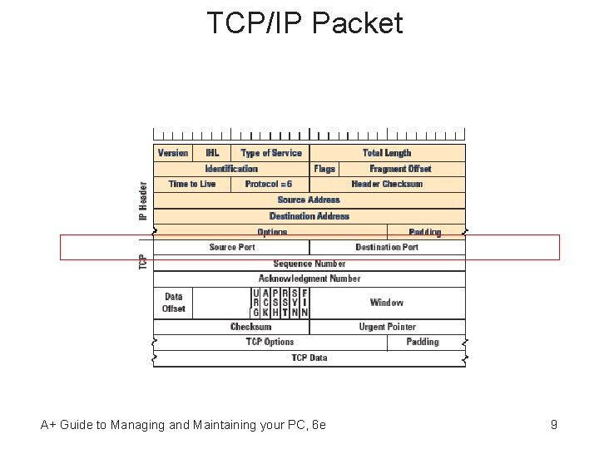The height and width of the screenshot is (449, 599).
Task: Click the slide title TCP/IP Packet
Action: tap(304, 23)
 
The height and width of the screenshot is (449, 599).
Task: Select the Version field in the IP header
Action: tap(173, 153)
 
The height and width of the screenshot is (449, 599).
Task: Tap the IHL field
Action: tap(212, 153)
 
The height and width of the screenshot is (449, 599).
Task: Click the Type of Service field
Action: tap(271, 153)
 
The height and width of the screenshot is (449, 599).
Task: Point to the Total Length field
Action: tap(387, 153)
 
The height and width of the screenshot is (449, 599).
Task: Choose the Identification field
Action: tap(231, 169)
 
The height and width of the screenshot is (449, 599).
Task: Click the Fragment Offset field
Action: tap(401, 169)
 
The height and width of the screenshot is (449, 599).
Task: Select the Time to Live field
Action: tap(192, 185)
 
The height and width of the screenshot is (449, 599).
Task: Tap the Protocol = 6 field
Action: tap(269, 185)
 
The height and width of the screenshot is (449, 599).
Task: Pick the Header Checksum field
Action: tap(387, 185)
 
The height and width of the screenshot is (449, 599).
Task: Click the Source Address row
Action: tap(309, 200)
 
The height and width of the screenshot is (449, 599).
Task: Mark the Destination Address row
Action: tap(309, 216)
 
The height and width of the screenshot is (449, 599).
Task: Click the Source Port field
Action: tap(232, 247)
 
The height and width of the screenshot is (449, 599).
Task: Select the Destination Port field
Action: tap(387, 247)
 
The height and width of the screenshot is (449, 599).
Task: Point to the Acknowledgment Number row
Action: tap(309, 279)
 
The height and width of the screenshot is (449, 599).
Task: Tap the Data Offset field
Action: tap(174, 303)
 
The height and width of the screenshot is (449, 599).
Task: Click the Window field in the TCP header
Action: tap(387, 303)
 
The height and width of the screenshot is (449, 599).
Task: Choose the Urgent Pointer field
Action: tap(387, 327)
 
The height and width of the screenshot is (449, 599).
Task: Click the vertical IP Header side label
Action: tap(143, 201)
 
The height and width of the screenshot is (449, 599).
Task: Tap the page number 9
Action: tap(554, 425)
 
